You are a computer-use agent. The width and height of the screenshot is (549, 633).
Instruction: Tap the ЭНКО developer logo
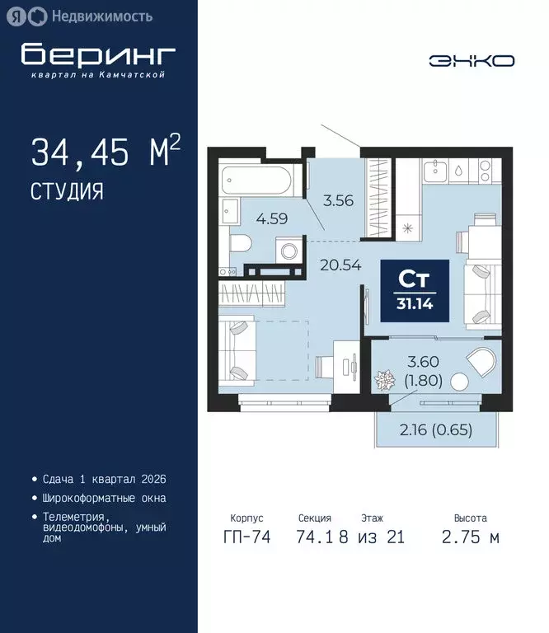tap(472, 60)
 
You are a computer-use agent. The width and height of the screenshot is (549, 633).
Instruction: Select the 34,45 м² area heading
tap(105, 152)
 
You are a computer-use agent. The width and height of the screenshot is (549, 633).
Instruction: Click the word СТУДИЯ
tap(67, 192)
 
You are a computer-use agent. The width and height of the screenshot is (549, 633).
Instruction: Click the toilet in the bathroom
tap(240, 243)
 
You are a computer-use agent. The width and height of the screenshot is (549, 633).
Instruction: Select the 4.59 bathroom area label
tap(272, 219)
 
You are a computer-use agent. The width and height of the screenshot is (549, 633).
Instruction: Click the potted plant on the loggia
tap(384, 381)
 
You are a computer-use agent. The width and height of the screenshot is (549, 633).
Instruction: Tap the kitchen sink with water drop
tap(457, 172)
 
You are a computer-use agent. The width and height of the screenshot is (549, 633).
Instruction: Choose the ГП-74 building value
tap(246, 537)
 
